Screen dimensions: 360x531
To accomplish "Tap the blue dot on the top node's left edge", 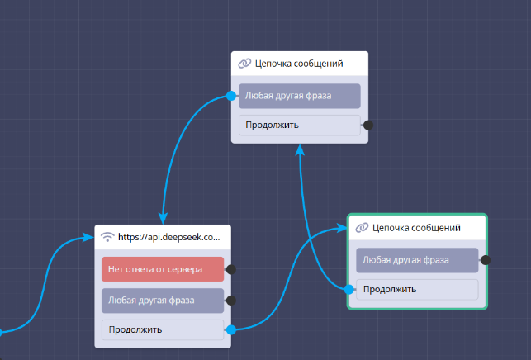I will coord(231,97).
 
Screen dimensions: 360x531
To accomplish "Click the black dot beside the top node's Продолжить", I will coord(368,126).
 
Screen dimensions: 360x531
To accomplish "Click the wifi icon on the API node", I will coord(107,237).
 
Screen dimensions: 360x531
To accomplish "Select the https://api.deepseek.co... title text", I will coord(169,237).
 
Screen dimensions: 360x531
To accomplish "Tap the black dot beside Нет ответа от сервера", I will coord(231,269).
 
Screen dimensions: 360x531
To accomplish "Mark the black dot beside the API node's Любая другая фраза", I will coord(231,301).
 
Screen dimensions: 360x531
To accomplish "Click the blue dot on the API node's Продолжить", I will coord(231,329).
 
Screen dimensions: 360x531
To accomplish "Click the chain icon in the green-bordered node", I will coord(362,228).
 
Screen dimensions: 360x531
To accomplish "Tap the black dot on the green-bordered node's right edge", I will coord(486,260).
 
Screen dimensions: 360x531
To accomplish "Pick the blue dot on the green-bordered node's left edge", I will coord(349,289).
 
